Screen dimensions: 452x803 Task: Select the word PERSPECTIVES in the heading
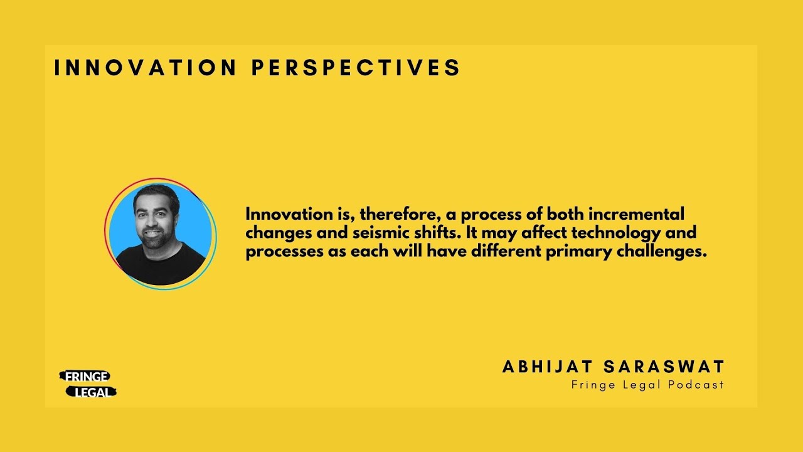point(356,68)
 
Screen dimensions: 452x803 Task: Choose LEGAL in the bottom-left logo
point(92,392)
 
